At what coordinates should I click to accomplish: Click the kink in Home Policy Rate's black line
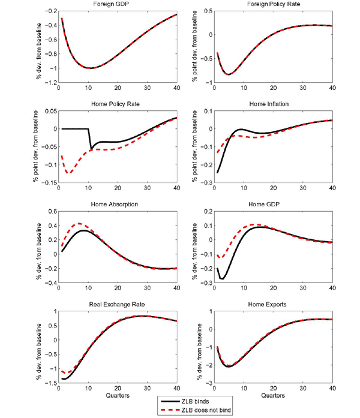(91, 149)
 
